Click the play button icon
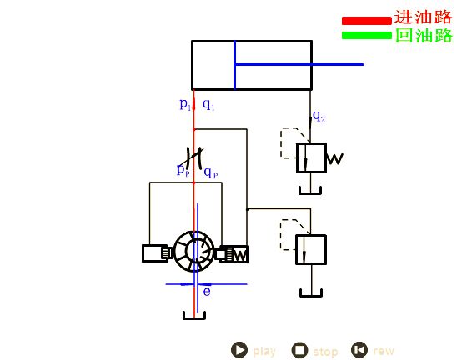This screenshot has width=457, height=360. [x=239, y=350]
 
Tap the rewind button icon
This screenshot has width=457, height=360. [x=359, y=350]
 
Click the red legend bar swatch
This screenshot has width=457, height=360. [x=367, y=21]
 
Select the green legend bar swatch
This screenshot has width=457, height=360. [x=367, y=35]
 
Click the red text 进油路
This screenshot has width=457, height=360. [x=423, y=17]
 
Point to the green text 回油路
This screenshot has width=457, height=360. [x=424, y=36]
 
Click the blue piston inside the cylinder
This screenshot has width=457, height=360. [x=234, y=65]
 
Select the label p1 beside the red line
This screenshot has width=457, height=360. [x=185, y=104]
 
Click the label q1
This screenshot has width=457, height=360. [x=208, y=104]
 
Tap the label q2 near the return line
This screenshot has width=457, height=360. [x=319, y=117]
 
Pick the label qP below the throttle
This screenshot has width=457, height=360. [x=211, y=172]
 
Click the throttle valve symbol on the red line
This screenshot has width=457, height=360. [x=194, y=157]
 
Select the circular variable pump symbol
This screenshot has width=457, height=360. [x=194, y=252]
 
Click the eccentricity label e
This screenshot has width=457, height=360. [x=207, y=292]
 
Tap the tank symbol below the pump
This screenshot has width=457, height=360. [x=194, y=316]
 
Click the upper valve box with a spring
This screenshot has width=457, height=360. [x=311, y=157]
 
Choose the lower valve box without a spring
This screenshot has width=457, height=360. [x=311, y=250]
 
